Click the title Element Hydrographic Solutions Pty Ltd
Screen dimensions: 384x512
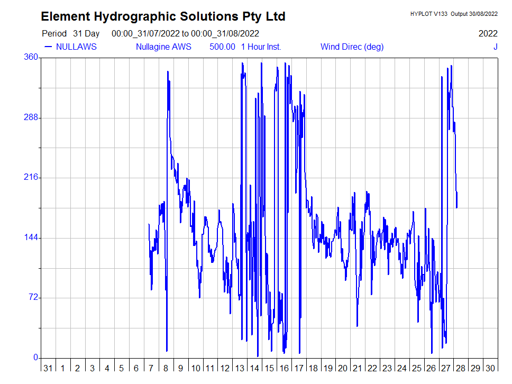[x=163, y=17]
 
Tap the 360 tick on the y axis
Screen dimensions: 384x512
[x=32, y=57]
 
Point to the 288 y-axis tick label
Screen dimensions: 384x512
[x=32, y=117]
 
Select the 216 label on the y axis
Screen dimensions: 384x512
[x=32, y=177]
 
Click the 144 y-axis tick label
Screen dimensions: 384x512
[x=32, y=237]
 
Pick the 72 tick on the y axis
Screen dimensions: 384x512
[x=34, y=297]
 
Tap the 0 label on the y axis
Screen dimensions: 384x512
[x=36, y=358]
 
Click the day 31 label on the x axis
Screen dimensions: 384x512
[x=48, y=368]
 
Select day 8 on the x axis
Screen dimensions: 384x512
[x=166, y=368]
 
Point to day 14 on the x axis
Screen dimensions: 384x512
[x=254, y=368]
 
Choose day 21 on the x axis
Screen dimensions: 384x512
[x=358, y=368]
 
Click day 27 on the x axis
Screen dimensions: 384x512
[x=446, y=368]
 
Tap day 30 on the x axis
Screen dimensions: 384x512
[x=490, y=368]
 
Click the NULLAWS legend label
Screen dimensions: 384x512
[x=76, y=47]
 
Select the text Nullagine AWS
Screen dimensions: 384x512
[x=163, y=47]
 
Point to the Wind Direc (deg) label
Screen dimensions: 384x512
[x=352, y=47]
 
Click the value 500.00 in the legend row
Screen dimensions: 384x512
[x=222, y=47]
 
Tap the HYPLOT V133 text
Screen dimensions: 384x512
[x=428, y=14]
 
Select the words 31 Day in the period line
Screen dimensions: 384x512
[x=86, y=33]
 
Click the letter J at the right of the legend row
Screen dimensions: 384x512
[x=495, y=47]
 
